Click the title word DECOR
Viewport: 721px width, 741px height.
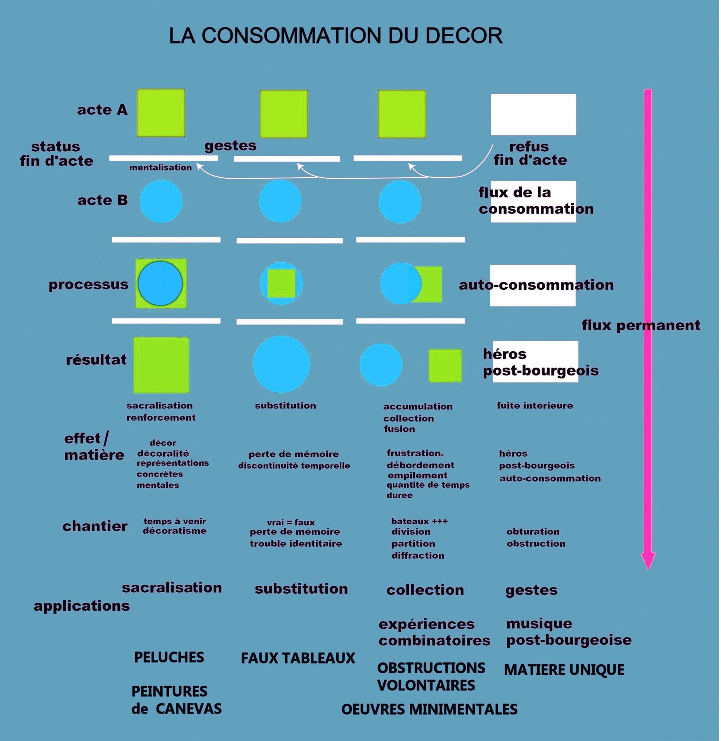464,36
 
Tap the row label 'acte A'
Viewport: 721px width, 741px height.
102,110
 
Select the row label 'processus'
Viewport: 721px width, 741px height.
88,284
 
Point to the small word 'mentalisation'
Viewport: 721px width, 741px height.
160,168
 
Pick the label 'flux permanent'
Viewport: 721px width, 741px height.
641,325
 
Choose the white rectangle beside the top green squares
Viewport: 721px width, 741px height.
533,114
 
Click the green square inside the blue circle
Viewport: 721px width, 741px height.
281,283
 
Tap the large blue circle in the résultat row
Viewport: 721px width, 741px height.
281,364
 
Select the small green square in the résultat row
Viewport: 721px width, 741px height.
445,365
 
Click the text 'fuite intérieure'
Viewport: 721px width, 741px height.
535,406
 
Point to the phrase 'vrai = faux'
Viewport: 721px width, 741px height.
290,522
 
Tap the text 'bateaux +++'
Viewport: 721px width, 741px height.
419,521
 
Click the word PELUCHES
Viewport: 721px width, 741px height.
169,657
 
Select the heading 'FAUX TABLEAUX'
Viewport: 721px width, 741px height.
298,659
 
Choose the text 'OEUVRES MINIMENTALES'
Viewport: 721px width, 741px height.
429,709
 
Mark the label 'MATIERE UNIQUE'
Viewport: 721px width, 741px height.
564,670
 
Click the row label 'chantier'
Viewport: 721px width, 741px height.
95,526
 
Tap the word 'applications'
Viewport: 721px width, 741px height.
81,606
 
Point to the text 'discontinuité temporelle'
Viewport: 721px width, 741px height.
294,466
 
